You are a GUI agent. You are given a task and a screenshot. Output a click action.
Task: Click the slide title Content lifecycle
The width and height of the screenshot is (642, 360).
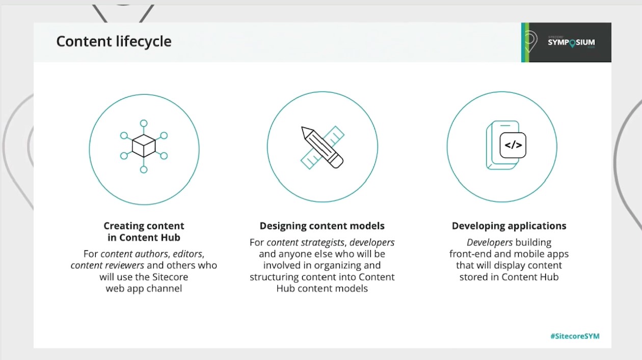coord(114,42)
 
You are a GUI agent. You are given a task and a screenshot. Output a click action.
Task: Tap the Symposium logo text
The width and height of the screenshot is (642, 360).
coord(571,43)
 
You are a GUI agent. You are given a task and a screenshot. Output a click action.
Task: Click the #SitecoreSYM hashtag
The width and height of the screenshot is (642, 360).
coord(575,336)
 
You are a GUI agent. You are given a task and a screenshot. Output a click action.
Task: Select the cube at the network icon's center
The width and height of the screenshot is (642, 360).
coord(144,146)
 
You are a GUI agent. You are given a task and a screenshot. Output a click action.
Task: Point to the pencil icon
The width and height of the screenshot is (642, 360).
coord(322,147)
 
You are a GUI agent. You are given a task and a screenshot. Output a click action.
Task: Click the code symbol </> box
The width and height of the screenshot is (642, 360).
coord(513,145)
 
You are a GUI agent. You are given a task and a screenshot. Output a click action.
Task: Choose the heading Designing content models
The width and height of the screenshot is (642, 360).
coord(322,226)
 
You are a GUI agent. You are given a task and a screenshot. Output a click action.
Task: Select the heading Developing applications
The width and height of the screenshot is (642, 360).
coord(509,226)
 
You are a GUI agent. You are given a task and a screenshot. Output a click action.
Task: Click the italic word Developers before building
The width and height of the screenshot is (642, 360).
coord(490,243)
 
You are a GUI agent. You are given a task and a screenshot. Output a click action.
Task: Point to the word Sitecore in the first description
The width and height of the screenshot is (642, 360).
coord(170,277)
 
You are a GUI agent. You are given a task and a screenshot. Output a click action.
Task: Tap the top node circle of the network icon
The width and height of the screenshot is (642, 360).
coord(144,123)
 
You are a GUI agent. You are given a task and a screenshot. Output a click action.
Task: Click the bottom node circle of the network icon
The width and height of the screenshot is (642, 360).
coord(144,169)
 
